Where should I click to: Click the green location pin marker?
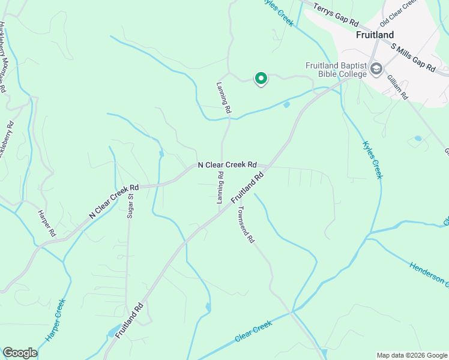[261, 79]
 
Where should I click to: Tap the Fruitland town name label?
[375, 35]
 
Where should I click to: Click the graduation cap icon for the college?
[376, 69]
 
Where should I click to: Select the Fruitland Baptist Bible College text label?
[335, 70]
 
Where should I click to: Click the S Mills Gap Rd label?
[413, 58]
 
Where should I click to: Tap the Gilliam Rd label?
[397, 88]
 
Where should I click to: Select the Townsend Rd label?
[246, 224]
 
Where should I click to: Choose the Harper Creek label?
[53, 317]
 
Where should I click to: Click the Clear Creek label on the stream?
[253, 331]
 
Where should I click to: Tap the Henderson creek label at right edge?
[429, 273]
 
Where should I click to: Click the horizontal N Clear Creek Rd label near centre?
[228, 164]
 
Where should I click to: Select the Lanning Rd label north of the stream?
[223, 98]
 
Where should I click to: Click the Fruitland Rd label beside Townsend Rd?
[247, 187]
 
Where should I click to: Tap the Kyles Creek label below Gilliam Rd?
[373, 160]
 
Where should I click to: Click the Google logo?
[20, 353]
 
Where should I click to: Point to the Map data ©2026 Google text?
[411, 355]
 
